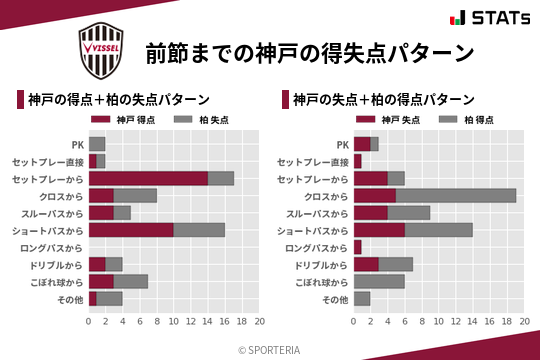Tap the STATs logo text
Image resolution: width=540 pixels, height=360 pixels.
496,19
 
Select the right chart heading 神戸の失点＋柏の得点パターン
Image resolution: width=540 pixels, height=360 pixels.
383,100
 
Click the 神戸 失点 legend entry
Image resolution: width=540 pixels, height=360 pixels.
384,120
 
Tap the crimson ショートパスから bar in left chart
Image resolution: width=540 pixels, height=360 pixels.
131,230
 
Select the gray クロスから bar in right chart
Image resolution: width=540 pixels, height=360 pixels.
456,195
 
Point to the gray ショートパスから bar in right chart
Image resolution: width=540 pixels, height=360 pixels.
439,230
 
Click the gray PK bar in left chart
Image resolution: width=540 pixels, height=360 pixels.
97,143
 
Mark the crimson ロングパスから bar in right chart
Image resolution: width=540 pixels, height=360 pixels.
358,247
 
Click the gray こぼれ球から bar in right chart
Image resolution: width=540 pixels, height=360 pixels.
379,281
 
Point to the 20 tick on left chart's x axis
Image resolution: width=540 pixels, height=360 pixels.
259,322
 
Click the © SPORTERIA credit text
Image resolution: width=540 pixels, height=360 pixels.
270,349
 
